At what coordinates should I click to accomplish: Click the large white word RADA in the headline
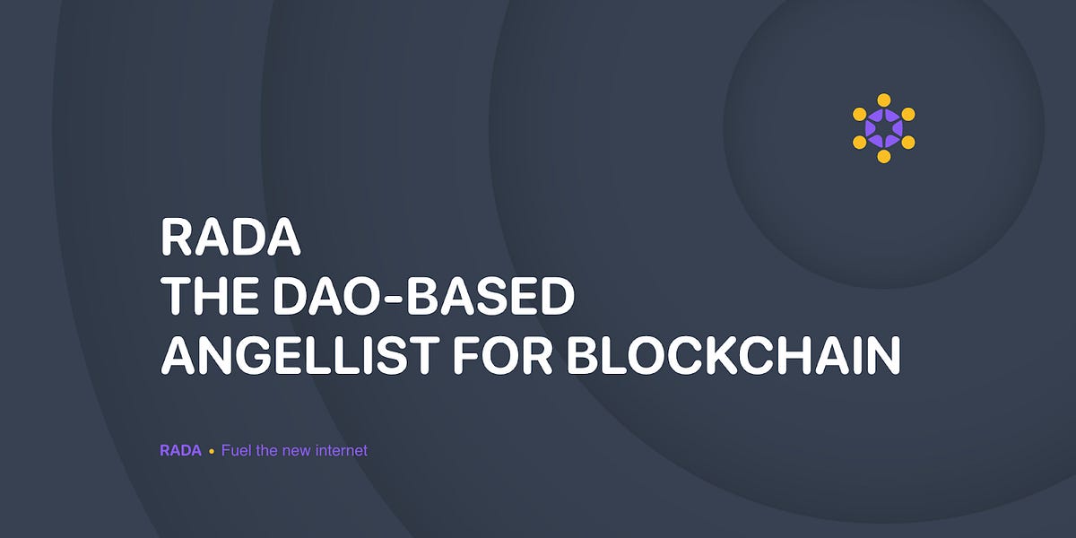point(230,237)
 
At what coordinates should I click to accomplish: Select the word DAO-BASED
point(418,297)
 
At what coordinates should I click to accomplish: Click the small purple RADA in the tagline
point(180,450)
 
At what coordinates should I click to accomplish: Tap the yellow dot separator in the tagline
point(212,451)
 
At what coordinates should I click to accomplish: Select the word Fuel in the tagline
point(236,450)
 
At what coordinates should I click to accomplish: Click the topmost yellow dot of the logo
point(883,100)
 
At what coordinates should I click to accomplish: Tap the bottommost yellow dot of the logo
point(883,157)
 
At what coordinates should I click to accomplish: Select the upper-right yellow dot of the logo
point(908,114)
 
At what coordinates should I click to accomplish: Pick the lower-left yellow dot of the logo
point(859,143)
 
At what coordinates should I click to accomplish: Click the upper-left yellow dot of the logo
point(859,114)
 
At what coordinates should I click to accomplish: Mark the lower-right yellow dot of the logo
point(908,143)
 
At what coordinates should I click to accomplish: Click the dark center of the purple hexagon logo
point(883,128)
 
